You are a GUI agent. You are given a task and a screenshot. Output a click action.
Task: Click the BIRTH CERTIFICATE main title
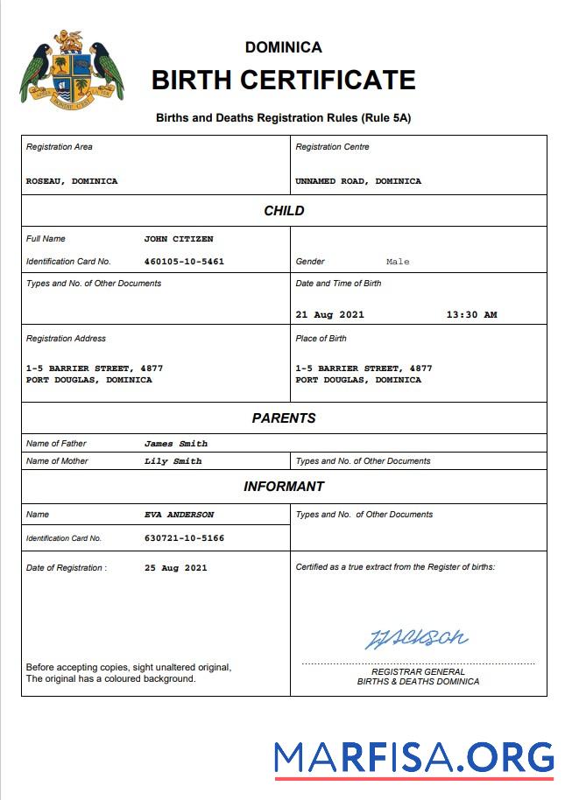point(283,80)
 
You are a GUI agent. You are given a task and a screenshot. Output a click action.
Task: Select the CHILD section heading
point(284,210)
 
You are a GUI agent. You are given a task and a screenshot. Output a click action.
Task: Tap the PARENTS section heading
point(284,418)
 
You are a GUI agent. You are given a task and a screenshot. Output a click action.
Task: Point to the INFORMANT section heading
point(284,486)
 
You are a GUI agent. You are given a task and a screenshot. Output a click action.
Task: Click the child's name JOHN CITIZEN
point(179,239)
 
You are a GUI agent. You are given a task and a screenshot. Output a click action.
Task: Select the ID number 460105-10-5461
point(184,262)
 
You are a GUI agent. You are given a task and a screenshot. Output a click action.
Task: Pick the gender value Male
point(398,262)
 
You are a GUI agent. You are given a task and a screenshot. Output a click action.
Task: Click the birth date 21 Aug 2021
point(330,315)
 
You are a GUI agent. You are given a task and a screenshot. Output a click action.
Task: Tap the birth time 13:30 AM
point(471,315)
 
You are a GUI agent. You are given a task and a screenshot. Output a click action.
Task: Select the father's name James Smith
point(176,444)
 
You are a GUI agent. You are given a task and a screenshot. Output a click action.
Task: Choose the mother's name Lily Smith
point(173,461)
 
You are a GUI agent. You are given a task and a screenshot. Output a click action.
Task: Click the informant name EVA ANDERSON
point(179,515)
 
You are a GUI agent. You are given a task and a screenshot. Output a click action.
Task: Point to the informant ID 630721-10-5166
point(184,538)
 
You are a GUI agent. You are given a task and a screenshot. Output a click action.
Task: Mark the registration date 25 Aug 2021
point(176,568)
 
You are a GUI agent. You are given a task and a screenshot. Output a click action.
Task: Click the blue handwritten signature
point(416,638)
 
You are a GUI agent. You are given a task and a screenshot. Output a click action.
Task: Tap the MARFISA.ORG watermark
point(413,757)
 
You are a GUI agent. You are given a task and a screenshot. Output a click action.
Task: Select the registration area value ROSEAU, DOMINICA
point(72,181)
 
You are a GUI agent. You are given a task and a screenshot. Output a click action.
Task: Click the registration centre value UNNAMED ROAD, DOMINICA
point(358,181)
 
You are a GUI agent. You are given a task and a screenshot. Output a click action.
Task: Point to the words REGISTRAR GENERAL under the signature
point(418,671)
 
